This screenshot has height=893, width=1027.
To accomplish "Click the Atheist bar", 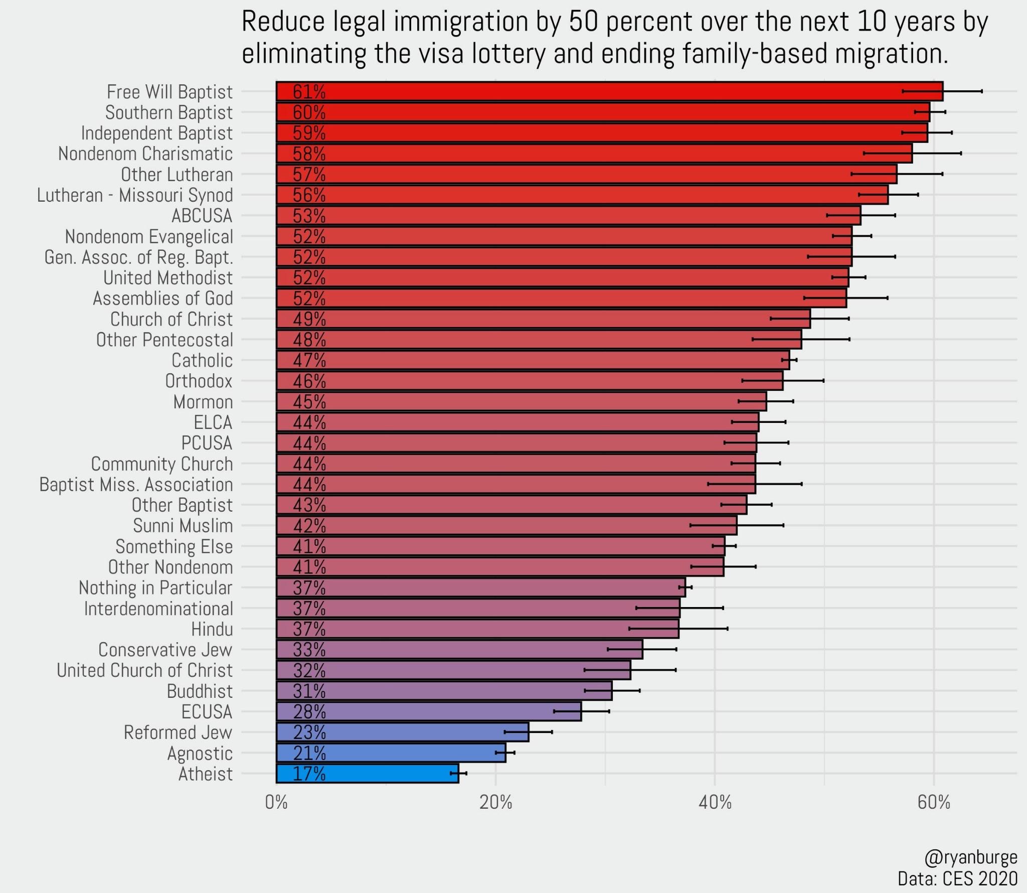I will [x=367, y=773].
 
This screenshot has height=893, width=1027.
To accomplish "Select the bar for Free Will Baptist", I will [x=609, y=91].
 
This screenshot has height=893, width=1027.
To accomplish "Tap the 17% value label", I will [x=309, y=774].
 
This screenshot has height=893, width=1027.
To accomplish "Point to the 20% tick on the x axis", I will [x=495, y=803].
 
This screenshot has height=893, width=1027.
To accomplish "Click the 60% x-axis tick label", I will [x=934, y=803].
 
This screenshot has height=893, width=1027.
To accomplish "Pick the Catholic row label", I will [x=202, y=360].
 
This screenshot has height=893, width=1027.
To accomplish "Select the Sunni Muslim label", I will [x=183, y=526].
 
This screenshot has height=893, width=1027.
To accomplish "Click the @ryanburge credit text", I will [x=971, y=857].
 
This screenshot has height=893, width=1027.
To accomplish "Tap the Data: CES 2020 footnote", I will [x=957, y=878].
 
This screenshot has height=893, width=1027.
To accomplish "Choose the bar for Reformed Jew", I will [x=402, y=732].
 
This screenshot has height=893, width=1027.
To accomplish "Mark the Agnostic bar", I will [x=391, y=753].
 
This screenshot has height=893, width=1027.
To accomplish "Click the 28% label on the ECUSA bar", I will [x=309, y=711].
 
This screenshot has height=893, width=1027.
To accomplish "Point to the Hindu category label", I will [x=212, y=629].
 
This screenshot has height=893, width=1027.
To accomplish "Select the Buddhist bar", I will [x=444, y=691].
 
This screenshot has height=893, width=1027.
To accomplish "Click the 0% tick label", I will [x=276, y=803].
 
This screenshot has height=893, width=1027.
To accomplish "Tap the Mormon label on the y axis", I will [x=203, y=402].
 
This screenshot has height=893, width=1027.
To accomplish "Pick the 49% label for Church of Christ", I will [x=309, y=319].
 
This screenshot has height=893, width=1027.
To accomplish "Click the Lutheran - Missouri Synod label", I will [x=135, y=195].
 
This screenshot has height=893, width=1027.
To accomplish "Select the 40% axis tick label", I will [x=715, y=803].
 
